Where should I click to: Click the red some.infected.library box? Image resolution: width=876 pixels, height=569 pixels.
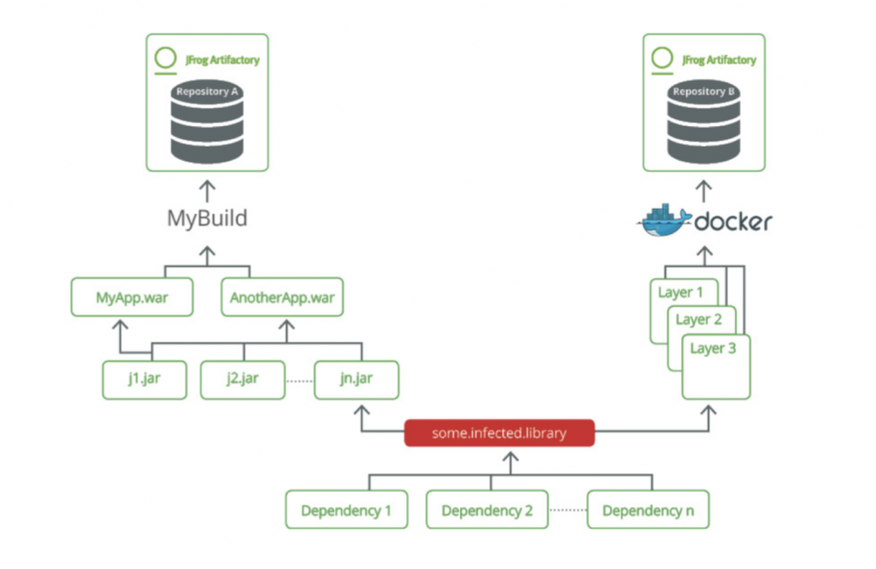pos(499,433)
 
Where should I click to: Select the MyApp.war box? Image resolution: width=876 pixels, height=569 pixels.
pos(131,297)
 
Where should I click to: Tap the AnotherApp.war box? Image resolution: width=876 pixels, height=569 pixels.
pos(282,297)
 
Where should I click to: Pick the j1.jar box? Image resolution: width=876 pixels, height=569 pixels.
pos(144,380)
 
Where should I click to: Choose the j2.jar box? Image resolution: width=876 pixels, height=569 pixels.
pos(242,380)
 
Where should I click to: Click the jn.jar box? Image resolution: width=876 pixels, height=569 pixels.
pos(357,380)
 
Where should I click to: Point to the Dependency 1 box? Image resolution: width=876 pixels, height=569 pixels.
pos(346,510)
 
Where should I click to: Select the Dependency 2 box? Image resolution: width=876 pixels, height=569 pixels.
pos(487,510)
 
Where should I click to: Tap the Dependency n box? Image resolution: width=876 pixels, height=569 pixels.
pos(647,510)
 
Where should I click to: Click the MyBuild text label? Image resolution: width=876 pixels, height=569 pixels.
pos(207,218)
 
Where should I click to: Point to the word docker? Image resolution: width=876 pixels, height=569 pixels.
pos(732,222)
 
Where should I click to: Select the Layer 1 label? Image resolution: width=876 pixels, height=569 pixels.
pos(681,292)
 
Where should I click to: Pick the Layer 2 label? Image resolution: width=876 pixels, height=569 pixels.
pos(698,319)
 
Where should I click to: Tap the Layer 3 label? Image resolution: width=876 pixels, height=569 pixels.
pos(714,348)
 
